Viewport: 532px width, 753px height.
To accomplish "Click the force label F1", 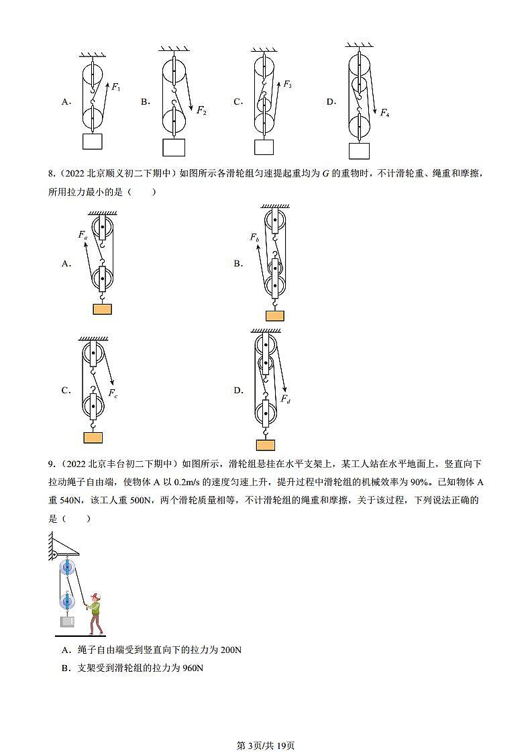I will coord(115,87).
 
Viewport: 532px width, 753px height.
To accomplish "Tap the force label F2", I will coord(201,111).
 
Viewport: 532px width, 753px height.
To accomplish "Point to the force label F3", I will coord(287,85).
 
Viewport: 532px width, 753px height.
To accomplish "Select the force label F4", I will coord(384,113).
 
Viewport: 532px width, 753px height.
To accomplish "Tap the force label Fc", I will coord(111,395).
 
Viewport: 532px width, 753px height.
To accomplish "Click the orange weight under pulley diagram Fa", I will coord(102,309).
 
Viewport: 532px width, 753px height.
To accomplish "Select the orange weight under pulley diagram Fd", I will coord(265,444).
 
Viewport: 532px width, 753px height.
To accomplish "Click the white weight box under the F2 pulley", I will coord(174,147).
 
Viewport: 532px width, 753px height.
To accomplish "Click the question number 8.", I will coord(51,174).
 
